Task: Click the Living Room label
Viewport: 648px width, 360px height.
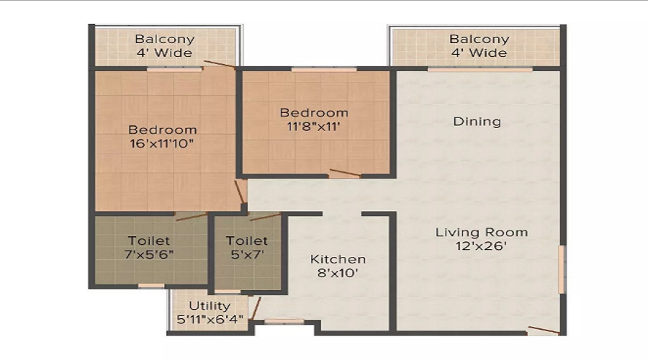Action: tap(481, 233)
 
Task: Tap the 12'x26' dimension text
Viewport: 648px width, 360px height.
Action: tap(481, 246)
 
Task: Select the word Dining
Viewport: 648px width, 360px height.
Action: tap(477, 122)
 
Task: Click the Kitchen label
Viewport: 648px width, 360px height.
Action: tap(338, 259)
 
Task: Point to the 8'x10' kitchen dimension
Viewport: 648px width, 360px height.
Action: tap(338, 274)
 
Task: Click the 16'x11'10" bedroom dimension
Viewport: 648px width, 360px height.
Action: tap(162, 144)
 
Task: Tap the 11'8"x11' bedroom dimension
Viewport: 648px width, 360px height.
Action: tap(314, 127)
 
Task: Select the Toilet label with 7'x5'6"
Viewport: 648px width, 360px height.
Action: tap(149, 240)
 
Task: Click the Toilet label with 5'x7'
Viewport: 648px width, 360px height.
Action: tap(246, 240)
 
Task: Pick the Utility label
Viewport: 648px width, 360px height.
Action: tap(210, 306)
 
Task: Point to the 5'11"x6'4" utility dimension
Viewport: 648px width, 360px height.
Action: tap(210, 319)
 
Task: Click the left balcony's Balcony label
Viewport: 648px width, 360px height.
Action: tap(164, 40)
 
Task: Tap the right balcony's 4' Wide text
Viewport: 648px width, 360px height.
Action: tap(478, 53)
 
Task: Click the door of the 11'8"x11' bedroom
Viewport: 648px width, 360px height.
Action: tap(345, 174)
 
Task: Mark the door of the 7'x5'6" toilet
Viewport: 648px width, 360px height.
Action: tap(191, 215)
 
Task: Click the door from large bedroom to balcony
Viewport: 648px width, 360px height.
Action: tap(219, 65)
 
